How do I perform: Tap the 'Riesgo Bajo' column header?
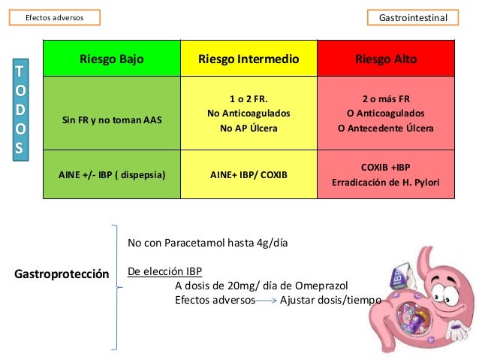[111, 59]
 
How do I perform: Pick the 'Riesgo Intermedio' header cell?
[249, 59]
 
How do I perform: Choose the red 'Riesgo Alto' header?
[386, 59]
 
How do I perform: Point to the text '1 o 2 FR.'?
[249, 98]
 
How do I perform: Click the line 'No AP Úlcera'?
[249, 128]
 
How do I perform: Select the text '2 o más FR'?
[386, 98]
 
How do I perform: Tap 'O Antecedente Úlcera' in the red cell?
[386, 128]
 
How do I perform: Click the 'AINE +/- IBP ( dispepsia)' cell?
[111, 174]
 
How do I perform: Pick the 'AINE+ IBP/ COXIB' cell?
[249, 174]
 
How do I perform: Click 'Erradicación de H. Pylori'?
[386, 183]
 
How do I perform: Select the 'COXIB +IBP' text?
[386, 166]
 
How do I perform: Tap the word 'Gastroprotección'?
[62, 272]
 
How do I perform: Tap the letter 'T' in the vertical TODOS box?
[20, 72]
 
